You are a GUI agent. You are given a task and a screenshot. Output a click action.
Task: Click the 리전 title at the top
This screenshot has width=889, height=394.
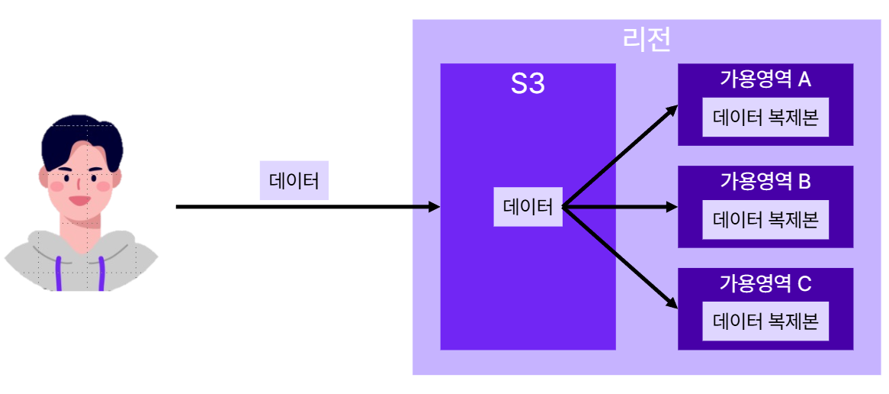pyautogui.click(x=647, y=39)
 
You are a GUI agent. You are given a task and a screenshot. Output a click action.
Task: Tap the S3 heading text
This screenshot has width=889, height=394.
pyautogui.click(x=528, y=84)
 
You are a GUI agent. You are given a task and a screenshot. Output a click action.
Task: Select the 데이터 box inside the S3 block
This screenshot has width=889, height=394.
pyautogui.click(x=528, y=206)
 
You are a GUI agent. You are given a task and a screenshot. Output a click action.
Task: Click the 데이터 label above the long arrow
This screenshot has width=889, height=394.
pyautogui.click(x=294, y=180)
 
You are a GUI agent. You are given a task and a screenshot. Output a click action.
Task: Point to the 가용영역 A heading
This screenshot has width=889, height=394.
pyautogui.click(x=765, y=79)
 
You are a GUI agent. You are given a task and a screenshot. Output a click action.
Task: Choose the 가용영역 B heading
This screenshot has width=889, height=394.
pyautogui.click(x=765, y=181)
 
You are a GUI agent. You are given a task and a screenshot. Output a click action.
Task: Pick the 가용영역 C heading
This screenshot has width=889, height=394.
pyautogui.click(x=765, y=283)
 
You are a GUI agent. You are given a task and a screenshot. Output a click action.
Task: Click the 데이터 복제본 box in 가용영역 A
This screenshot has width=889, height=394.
pyautogui.click(x=765, y=118)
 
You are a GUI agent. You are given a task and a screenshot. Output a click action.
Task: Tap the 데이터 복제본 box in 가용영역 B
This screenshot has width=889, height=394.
pyautogui.click(x=765, y=220)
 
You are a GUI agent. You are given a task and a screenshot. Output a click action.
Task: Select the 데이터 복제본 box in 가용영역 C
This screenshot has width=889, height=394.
pyautogui.click(x=765, y=321)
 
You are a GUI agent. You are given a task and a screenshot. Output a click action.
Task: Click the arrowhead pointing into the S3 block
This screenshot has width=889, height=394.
pyautogui.click(x=435, y=207)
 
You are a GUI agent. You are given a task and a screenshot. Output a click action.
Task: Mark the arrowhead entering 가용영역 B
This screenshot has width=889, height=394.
pyautogui.click(x=672, y=207)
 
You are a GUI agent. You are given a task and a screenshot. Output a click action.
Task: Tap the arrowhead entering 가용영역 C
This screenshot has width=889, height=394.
pyautogui.click(x=672, y=303)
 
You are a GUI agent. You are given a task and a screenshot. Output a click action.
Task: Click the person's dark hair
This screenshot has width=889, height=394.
pyautogui.click(x=80, y=138)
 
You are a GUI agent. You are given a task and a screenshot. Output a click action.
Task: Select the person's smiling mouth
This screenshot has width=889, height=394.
pyautogui.click(x=79, y=201)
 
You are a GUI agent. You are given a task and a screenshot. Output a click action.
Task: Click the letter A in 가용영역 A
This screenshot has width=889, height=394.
pyautogui.click(x=804, y=79)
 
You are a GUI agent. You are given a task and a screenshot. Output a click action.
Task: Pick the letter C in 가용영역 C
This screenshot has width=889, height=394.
pyautogui.click(x=804, y=283)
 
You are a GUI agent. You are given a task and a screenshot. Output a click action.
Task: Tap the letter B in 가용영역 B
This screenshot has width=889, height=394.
pyautogui.click(x=804, y=181)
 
